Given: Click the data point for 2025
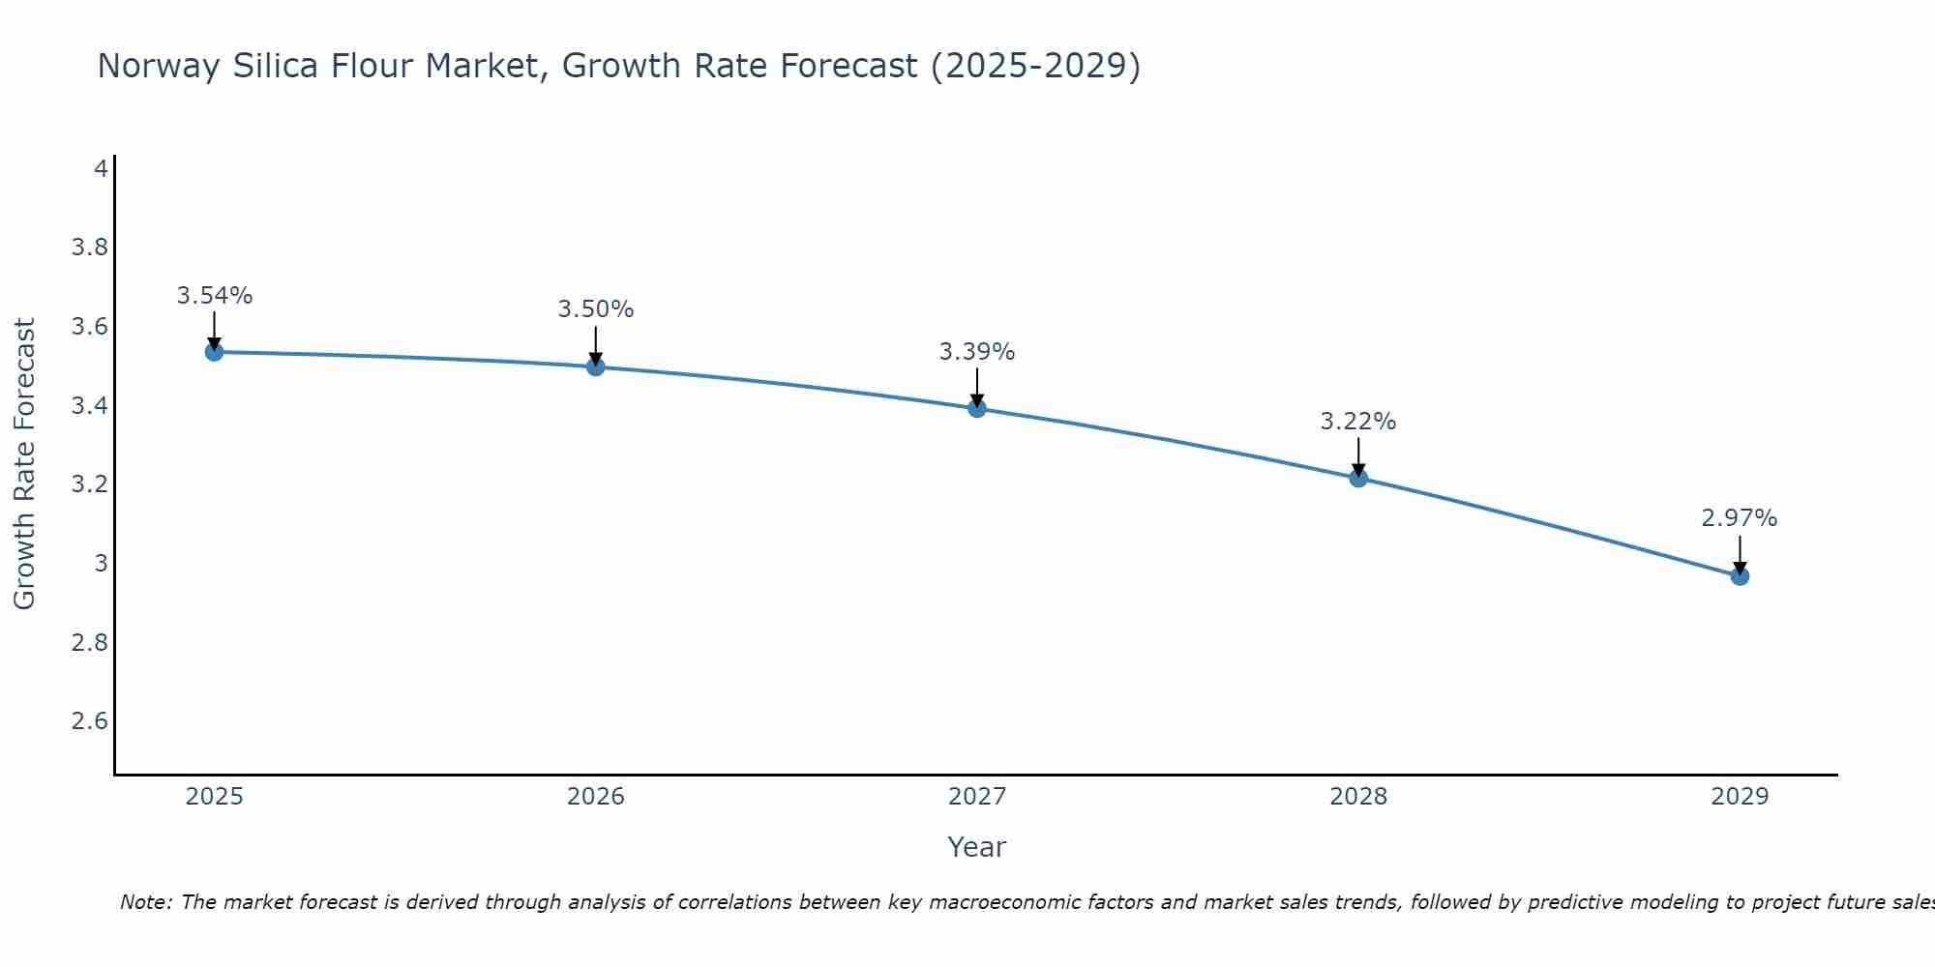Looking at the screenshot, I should tap(215, 352).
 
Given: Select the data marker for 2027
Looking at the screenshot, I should tap(977, 408).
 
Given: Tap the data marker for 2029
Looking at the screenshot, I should tap(1740, 576).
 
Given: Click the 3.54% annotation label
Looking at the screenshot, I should tap(215, 296).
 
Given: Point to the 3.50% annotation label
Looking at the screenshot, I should tap(596, 309).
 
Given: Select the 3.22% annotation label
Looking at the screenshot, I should tap(1358, 422).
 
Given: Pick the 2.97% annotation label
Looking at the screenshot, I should tap(1740, 518).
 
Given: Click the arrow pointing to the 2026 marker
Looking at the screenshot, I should tap(596, 344).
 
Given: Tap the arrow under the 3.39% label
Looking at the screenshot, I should tap(977, 387).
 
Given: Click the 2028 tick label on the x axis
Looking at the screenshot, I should tap(1358, 797).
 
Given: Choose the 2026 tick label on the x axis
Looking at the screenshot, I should tap(596, 797).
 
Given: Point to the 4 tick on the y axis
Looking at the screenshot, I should tap(101, 169).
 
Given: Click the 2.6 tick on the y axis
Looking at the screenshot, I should tap(90, 721).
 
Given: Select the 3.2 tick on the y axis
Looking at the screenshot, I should tap(90, 484).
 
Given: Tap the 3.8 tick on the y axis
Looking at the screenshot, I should tap(90, 248).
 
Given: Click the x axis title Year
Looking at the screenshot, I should tap(977, 847).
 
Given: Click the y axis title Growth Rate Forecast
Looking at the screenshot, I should tap(24, 464).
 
